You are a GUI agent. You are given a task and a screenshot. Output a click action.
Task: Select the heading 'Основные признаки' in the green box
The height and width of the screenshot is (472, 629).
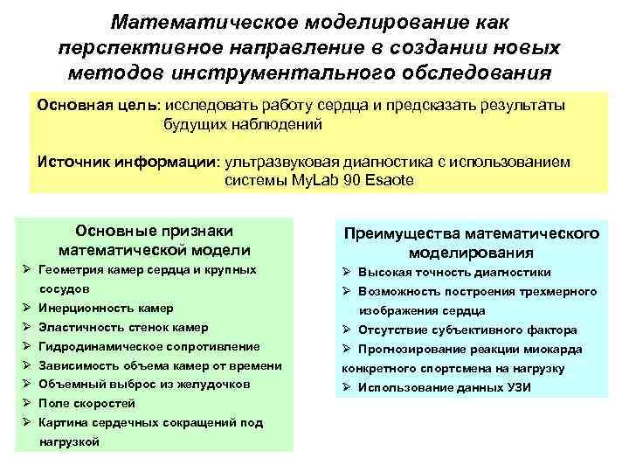pos(155,232)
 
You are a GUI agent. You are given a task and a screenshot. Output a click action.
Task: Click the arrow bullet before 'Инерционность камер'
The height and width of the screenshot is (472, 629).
pos(28,309)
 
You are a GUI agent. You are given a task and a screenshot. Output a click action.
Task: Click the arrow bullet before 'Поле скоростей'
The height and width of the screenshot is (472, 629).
pos(28,404)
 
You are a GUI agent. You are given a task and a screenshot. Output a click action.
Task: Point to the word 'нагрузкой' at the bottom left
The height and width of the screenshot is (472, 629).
pos(69,441)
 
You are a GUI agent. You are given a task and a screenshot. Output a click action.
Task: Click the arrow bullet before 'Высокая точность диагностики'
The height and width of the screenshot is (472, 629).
pos(347,272)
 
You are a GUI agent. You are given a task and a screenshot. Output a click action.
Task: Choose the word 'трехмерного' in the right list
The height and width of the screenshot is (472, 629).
pos(552,291)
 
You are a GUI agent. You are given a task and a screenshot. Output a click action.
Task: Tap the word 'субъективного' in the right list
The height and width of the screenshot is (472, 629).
pos(473,330)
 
